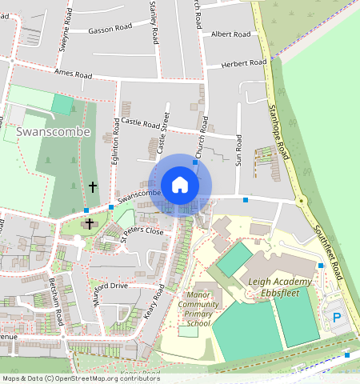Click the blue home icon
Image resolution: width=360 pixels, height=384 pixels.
point(180,185)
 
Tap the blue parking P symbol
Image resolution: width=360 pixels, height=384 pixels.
point(337,318)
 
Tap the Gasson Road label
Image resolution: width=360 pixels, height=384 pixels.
point(110,27)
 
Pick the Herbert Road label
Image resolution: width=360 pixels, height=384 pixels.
point(244,63)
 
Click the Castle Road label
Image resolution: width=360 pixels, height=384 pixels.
point(141,123)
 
